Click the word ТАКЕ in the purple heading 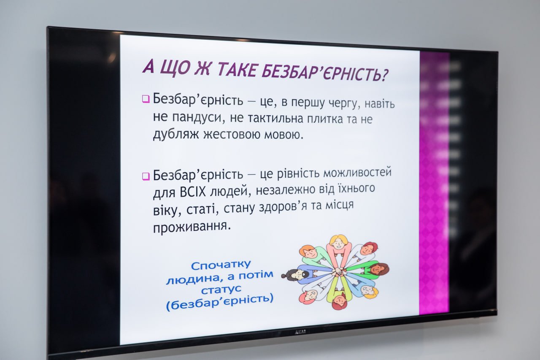coord(236,70)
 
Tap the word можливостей coord(357,172)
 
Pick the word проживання coord(192,227)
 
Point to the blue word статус coord(221,290)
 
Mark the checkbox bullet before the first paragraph coord(146,99)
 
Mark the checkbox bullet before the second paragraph coord(146,176)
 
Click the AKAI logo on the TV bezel coord(300,332)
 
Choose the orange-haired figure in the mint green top coord(313,256)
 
